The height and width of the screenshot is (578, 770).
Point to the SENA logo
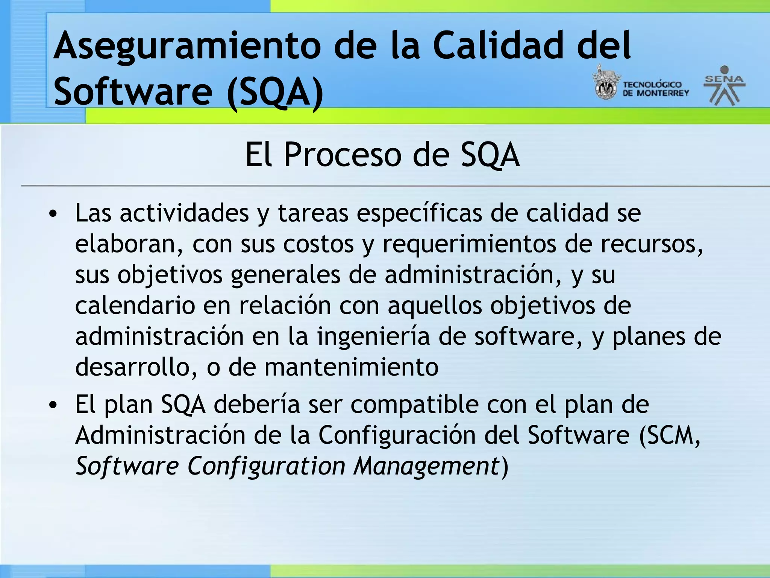[x=724, y=86]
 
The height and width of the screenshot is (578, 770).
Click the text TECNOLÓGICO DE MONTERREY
[x=655, y=89]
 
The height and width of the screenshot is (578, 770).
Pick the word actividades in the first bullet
[x=184, y=213]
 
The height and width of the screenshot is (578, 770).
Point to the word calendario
[x=135, y=306]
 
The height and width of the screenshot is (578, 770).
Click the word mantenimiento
[x=352, y=367]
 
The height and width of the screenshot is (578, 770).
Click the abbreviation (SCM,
[x=670, y=436]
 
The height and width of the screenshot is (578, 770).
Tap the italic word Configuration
[x=266, y=467]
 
